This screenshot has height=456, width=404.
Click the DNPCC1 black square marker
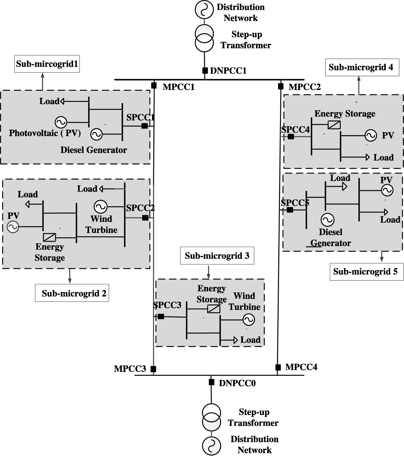(x=205, y=70)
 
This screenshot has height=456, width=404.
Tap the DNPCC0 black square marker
(x=211, y=382)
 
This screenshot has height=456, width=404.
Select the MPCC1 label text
(x=179, y=87)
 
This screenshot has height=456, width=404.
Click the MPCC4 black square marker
(x=278, y=367)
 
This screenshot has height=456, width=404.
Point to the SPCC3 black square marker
(x=161, y=316)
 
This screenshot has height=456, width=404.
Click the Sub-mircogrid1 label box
(x=47, y=64)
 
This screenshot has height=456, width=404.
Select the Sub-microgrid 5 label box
(x=366, y=272)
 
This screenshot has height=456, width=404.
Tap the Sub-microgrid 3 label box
(x=217, y=256)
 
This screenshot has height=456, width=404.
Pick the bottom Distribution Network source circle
(x=211, y=446)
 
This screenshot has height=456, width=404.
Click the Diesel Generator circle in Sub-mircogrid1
(x=97, y=134)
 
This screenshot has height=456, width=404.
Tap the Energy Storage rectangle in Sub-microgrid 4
(x=334, y=125)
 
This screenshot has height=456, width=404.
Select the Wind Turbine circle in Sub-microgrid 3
(x=248, y=320)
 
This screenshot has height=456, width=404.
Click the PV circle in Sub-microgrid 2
(x=13, y=227)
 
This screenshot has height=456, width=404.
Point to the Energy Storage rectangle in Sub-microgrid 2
(x=50, y=237)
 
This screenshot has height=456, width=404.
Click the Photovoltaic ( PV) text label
(x=45, y=133)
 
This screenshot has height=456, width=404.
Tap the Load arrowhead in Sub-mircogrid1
(x=62, y=101)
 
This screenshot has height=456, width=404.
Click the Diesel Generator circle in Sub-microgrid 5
(x=327, y=220)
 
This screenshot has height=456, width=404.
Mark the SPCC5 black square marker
(x=290, y=210)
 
